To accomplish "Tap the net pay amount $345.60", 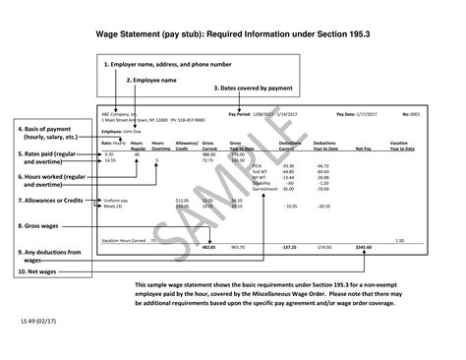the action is click(363, 246).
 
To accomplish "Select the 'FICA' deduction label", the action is click(258, 165).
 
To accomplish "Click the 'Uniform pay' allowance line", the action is click(116, 200).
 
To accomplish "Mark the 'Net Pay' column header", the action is click(362, 147).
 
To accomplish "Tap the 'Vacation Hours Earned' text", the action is click(124, 239).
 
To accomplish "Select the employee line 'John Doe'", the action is click(123, 131).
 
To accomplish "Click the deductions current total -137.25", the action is click(289, 246).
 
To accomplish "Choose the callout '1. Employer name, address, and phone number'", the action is click(168, 64).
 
